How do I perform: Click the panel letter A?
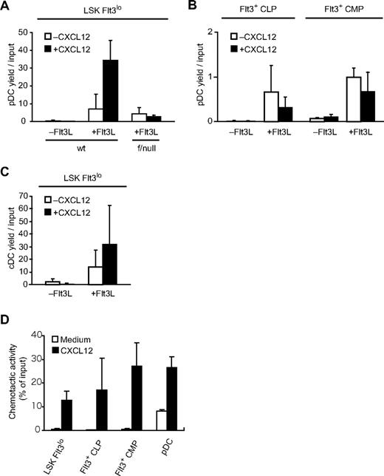[x=7, y=7]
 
